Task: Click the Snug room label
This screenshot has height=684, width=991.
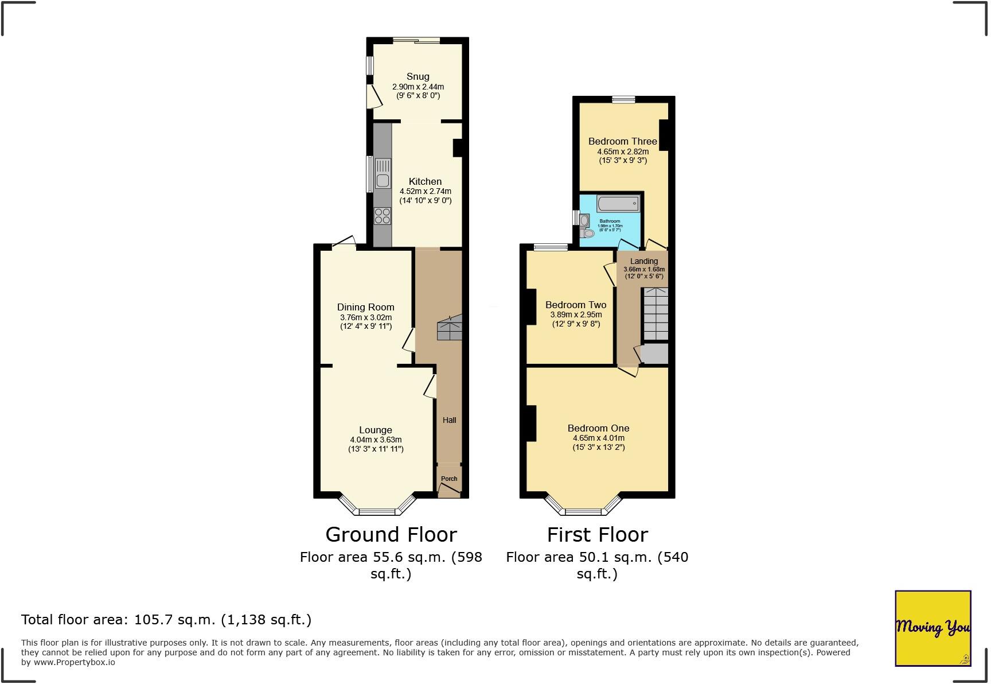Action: (x=418, y=76)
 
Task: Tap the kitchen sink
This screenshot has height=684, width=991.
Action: (x=383, y=174)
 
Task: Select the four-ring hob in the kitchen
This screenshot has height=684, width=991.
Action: (x=383, y=216)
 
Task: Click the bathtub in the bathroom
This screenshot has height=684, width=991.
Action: (x=618, y=204)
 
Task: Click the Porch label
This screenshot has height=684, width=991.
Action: (x=449, y=479)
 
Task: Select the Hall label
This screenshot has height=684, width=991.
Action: (x=449, y=420)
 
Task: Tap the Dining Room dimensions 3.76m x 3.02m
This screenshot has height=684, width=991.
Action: (x=365, y=317)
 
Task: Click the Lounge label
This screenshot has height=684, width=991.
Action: (x=375, y=430)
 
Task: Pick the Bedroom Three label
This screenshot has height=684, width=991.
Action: (x=622, y=141)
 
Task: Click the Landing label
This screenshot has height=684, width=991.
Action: (x=643, y=261)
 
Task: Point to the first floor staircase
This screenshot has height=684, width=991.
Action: (x=655, y=314)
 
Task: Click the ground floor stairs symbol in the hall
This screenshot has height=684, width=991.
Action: (x=449, y=329)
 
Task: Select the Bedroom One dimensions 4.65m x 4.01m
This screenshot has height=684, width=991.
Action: (x=598, y=438)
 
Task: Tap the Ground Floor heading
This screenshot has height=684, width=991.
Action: (x=391, y=534)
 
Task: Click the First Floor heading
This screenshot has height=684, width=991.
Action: (x=597, y=534)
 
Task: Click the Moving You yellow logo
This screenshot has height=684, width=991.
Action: (x=933, y=628)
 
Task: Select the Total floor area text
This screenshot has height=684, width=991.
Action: (x=166, y=620)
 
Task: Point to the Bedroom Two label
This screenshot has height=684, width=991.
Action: (x=575, y=305)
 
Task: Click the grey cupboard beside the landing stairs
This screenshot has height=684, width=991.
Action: (x=654, y=353)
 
